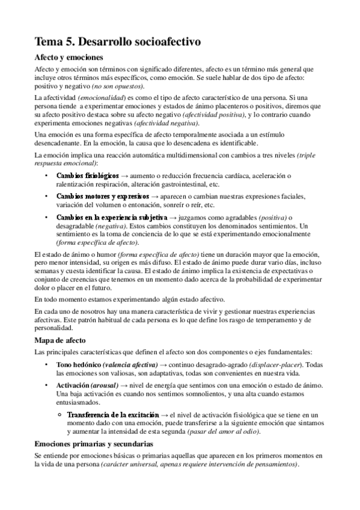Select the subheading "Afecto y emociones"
(x=69, y=58)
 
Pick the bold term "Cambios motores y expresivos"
(x=103, y=197)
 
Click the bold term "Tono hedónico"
(x=78, y=365)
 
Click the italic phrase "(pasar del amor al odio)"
(x=223, y=432)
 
